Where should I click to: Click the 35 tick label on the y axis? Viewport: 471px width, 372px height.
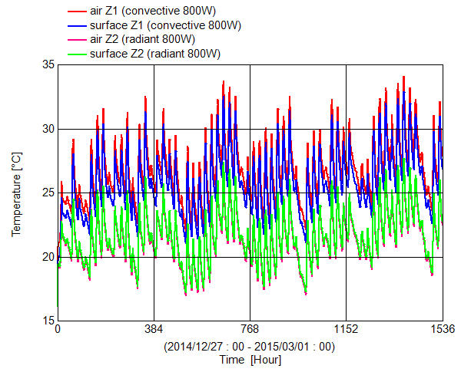(x=46, y=64)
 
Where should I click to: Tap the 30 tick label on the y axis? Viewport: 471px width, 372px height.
(x=46, y=129)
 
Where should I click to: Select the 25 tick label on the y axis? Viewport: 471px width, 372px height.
(x=46, y=193)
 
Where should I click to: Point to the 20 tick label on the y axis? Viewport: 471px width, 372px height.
(x=46, y=257)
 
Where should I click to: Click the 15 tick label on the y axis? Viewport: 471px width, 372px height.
(x=46, y=321)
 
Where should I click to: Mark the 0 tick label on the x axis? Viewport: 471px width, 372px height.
(x=58, y=330)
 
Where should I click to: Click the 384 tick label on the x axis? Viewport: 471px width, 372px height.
(x=154, y=330)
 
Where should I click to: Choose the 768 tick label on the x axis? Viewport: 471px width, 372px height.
(x=250, y=330)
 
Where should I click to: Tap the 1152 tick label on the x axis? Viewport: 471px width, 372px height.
(x=346, y=330)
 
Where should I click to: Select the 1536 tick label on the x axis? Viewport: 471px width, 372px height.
(x=443, y=330)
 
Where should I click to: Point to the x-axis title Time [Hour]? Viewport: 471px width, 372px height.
(x=250, y=360)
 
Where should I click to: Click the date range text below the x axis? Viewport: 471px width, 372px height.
(x=250, y=346)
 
